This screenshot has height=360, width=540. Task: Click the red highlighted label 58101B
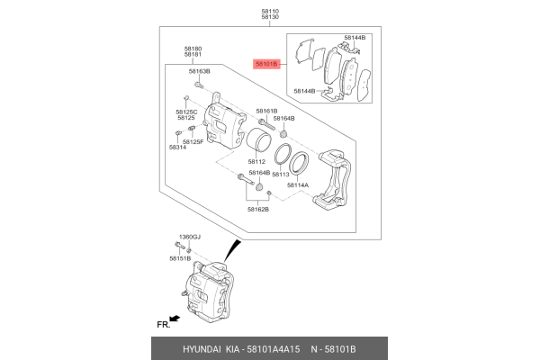267,65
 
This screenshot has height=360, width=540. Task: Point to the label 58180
193,48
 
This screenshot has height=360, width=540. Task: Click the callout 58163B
199,70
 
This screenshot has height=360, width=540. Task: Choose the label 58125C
186,112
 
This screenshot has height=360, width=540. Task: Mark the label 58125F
193,142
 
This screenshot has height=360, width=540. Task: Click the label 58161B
266,111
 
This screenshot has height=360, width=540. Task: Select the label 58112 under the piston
259,163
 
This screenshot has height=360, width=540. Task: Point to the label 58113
280,174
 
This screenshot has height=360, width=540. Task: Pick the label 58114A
297,185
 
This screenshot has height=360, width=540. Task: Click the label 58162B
259,209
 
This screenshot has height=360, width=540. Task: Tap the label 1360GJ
189,237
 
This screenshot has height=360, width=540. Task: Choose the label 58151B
181,258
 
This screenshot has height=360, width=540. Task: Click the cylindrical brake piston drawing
259,142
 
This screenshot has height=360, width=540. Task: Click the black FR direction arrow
174,319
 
